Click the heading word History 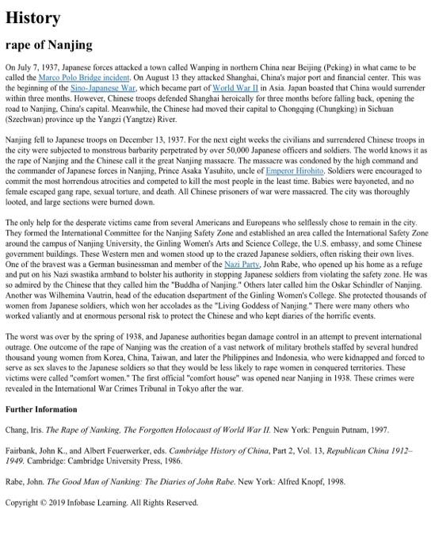32,17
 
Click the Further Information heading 41,409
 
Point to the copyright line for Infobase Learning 101,503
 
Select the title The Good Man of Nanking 120,480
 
